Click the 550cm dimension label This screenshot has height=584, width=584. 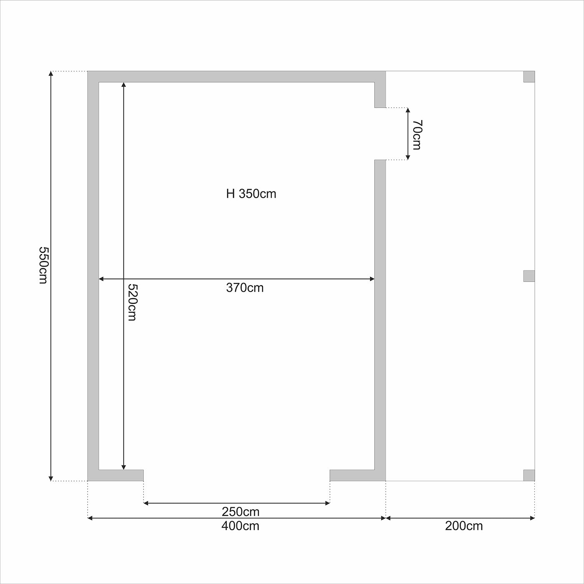43,265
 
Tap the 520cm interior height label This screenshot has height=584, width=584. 132,302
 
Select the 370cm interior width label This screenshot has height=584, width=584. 245,287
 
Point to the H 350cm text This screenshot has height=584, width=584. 251,194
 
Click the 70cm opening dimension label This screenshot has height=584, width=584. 417,135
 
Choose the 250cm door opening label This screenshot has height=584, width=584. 241,512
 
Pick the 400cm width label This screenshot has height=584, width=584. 240,526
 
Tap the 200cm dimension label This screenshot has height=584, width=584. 464,526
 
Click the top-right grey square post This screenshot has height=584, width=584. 529,77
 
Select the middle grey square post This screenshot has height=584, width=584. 529,276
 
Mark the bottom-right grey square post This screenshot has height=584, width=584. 529,476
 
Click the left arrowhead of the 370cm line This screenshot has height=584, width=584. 101,279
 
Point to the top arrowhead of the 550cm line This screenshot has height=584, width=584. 51,74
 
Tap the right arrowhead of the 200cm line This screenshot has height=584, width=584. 532,518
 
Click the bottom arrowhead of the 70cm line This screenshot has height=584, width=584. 408,157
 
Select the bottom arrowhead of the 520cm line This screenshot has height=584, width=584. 123,467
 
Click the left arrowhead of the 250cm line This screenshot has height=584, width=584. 146,503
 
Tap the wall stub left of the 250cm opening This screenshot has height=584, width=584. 121,476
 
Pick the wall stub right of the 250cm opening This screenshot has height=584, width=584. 352,476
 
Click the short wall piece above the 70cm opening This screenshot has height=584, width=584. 380,95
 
